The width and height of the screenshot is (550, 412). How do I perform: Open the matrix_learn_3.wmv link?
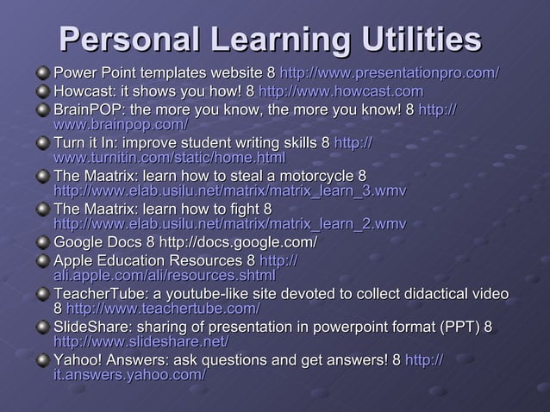click(x=230, y=191)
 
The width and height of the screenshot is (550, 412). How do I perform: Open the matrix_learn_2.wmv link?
click(x=230, y=225)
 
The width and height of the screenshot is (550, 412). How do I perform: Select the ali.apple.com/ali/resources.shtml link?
click(x=164, y=275)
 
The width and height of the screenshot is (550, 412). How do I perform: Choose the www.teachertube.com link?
click(x=163, y=309)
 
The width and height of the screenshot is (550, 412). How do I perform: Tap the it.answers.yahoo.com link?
click(x=129, y=376)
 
